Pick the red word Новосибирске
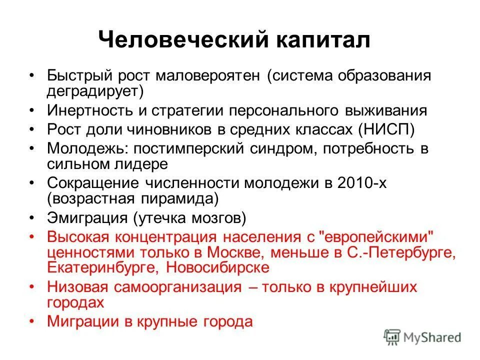pyautogui.click(x=217, y=267)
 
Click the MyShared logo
pyautogui.click(x=422, y=337)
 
